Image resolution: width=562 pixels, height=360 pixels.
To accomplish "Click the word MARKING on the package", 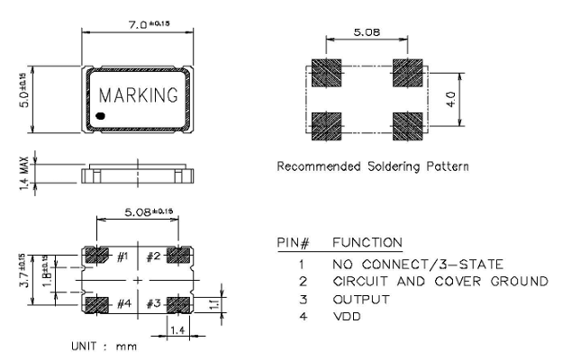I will tap(139, 94).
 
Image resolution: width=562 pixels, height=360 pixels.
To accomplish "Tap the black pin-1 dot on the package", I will tap(101, 117).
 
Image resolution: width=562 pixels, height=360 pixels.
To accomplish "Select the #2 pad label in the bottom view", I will tap(154, 257).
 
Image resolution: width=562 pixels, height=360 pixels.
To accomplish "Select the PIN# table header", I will tap(294, 244).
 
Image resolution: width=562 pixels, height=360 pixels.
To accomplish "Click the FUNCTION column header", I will tap(367, 244).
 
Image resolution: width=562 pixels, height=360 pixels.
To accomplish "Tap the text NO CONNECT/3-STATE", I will tap(416, 265).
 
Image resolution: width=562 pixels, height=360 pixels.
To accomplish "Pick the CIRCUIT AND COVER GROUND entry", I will tap(440, 282).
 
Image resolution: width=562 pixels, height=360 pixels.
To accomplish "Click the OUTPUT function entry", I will tap(361, 300).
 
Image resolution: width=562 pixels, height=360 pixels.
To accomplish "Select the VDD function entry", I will tap(348, 317).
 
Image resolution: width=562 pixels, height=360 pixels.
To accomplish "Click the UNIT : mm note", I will tap(105, 346).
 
